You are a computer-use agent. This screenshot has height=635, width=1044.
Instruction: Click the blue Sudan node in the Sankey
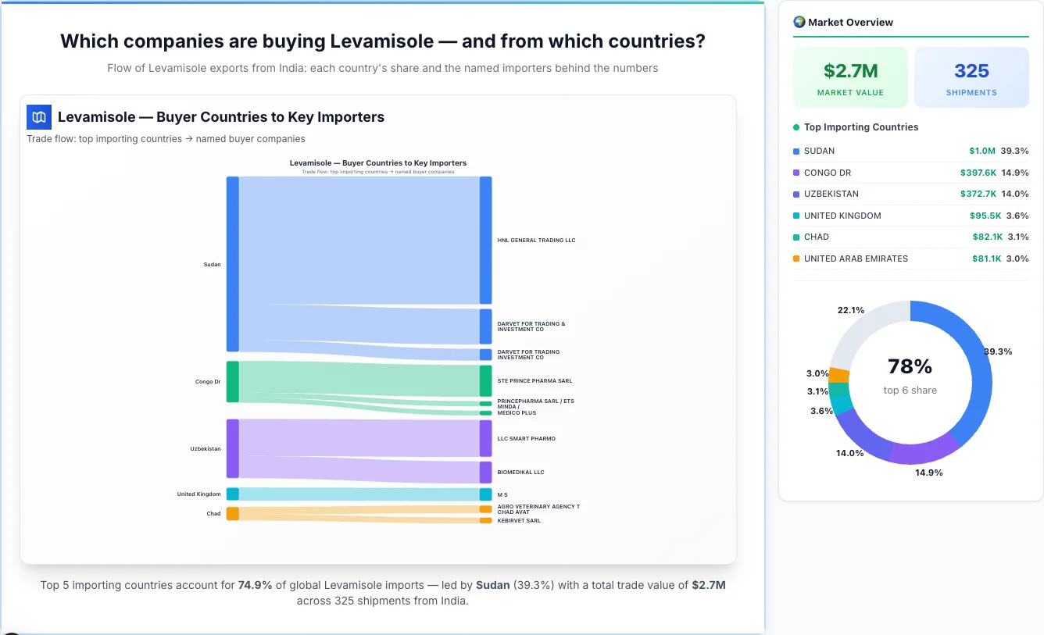[x=232, y=264]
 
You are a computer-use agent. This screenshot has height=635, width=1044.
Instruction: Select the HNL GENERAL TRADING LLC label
[x=536, y=241]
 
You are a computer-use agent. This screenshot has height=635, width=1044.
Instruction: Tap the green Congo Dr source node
[x=232, y=382]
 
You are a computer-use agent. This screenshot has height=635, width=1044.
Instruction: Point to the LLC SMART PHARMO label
[x=526, y=439]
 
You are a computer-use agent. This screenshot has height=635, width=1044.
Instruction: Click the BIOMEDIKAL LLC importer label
[x=520, y=473]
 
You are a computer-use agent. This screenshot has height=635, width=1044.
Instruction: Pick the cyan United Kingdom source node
[x=232, y=494]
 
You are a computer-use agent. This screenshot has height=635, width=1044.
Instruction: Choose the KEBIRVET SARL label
[x=519, y=521]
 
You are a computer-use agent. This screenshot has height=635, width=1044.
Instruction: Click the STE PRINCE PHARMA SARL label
[x=535, y=381]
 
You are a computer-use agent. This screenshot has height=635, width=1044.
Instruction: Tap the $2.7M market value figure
[x=850, y=71]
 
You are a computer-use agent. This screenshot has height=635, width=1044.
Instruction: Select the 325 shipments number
[x=971, y=71]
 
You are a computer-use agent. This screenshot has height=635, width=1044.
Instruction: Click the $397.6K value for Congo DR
[x=978, y=173]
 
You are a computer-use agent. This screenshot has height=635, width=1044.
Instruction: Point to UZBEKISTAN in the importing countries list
[x=831, y=194]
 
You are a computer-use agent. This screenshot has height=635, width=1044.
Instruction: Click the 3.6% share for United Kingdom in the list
[x=1017, y=216]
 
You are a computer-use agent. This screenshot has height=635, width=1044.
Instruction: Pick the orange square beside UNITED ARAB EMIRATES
[x=796, y=259]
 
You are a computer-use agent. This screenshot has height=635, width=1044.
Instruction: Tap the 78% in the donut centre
[x=910, y=366]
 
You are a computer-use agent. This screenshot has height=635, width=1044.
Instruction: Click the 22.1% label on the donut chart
[x=850, y=310]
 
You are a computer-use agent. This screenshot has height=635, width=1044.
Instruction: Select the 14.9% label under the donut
[x=929, y=473]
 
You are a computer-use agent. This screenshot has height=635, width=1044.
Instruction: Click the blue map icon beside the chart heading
[x=39, y=117]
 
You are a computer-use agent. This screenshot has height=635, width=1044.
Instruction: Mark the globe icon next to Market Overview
[x=799, y=22]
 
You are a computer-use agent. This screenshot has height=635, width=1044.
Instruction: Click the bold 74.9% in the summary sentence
[x=255, y=585]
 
